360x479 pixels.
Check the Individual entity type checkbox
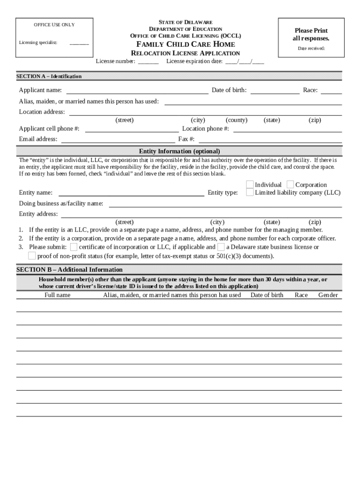tap(250, 185)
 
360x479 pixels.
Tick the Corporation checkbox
tap(290, 185)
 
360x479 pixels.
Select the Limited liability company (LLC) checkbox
tap(250, 192)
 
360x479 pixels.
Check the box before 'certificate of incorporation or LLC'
tap(74, 247)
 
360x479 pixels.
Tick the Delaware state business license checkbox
tap(221, 247)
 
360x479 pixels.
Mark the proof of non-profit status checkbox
tap(32, 256)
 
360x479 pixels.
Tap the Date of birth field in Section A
tap(274, 90)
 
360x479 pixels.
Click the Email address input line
tap(118, 139)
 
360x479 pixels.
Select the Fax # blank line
tap(270, 139)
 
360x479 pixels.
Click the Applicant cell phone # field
tap(131, 129)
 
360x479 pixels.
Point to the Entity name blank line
tap(131, 192)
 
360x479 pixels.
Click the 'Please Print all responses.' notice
tap(311, 34)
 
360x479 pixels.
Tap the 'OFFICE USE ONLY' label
tap(54, 25)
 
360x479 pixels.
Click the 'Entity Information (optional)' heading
tap(180, 151)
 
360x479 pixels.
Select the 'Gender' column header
tap(328, 295)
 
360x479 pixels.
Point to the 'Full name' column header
tap(58, 295)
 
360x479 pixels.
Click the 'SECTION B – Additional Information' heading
tap(70, 269)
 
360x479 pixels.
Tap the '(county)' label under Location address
tap(237, 120)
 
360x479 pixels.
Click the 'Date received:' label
tap(311, 48)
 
